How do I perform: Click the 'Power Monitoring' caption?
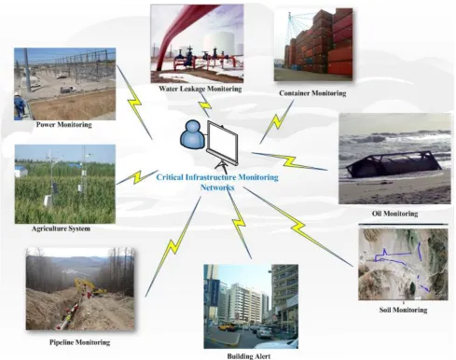(x=64, y=125)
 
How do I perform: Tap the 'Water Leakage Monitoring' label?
(x=200, y=89)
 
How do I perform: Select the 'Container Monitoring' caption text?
(x=312, y=93)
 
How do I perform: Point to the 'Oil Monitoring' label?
(x=394, y=214)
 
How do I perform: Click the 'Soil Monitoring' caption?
(x=403, y=310)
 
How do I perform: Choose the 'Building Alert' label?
(x=249, y=356)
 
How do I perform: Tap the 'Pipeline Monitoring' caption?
(x=79, y=342)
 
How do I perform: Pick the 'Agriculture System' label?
(x=61, y=228)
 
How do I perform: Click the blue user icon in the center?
(x=192, y=135)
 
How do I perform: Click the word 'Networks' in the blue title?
(x=217, y=187)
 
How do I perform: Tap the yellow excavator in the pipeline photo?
(x=90, y=287)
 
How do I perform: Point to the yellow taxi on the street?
(x=228, y=326)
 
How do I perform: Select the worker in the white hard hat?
(x=20, y=104)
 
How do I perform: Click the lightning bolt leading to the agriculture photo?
(x=137, y=177)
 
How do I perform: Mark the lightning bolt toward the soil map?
(x=298, y=227)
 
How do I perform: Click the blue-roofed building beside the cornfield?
(x=21, y=171)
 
